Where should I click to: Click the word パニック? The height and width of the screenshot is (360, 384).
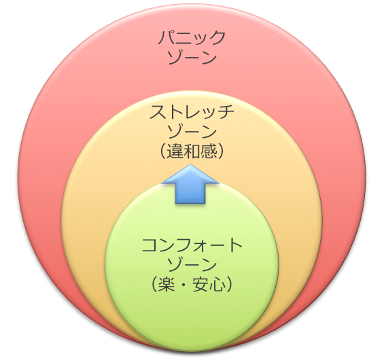click(192, 38)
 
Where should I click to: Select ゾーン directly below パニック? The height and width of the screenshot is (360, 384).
click(192, 58)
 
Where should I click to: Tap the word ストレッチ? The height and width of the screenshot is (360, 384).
click(192, 112)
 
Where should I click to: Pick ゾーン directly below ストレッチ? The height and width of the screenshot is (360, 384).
click(192, 132)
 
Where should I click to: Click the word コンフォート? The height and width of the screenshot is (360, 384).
click(192, 245)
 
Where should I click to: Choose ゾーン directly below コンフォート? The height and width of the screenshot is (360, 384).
click(192, 264)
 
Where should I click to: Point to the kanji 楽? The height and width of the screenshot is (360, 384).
click(167, 285)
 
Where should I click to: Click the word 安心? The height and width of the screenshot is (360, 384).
click(209, 285)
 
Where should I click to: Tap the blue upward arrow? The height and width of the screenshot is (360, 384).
click(190, 184)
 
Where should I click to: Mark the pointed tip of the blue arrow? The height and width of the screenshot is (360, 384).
click(190, 164)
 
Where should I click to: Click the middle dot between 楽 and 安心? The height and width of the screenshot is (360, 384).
click(184, 285)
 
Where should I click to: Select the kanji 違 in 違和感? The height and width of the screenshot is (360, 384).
click(175, 151)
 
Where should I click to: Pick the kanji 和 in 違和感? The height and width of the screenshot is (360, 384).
click(192, 151)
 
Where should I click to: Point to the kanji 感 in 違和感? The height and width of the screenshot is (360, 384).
click(209, 151)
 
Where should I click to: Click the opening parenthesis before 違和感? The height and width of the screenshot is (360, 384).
click(163, 151)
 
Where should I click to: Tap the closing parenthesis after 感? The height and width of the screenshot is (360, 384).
click(221, 151)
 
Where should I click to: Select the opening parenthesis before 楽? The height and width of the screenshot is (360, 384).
click(154, 285)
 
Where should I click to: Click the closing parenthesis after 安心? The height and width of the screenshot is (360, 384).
click(230, 285)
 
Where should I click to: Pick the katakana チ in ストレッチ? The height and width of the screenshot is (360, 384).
click(226, 112)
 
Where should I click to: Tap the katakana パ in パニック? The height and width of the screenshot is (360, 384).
click(168, 38)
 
